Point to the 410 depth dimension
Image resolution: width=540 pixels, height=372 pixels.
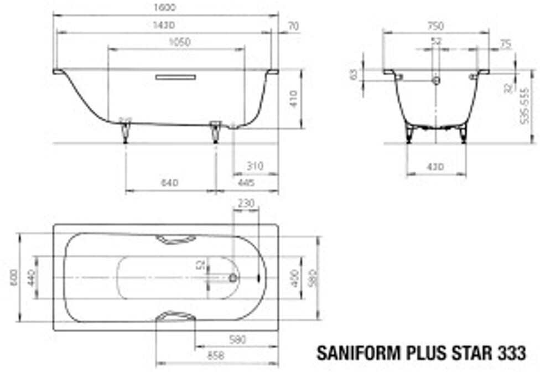[x=293, y=99]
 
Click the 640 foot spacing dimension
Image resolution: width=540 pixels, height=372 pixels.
[x=169, y=183]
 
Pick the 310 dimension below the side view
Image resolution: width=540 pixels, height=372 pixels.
[x=255, y=166]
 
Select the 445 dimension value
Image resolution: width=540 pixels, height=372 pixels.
[x=246, y=183]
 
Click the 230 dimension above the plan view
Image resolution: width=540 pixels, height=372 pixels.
[x=246, y=203]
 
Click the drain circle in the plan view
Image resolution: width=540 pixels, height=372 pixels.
[x=233, y=277]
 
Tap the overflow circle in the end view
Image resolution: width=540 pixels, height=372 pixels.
[x=437, y=81]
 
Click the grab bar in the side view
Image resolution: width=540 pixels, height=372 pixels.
[x=175, y=77]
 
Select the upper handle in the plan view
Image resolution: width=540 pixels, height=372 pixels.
[x=175, y=239]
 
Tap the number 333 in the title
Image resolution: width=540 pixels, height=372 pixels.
[x=511, y=353]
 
